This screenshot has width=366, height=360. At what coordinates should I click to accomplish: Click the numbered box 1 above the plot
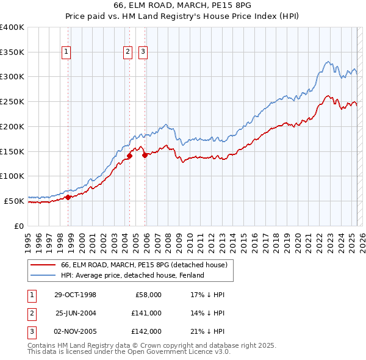click(65, 52)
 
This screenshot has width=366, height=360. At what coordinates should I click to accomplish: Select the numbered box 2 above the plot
click(127, 52)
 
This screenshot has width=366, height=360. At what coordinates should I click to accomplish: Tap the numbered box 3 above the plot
click(143, 52)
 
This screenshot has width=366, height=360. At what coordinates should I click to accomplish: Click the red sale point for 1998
click(68, 196)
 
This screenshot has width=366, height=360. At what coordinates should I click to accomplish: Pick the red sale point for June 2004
click(130, 156)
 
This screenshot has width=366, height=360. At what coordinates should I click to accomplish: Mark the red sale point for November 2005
click(145, 155)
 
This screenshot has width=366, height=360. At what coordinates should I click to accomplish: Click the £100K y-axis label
click(12, 176)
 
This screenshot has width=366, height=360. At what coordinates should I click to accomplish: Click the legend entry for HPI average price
click(132, 275)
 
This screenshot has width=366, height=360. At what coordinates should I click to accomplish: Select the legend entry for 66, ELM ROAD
click(144, 265)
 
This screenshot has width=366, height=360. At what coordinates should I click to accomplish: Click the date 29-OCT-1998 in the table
click(75, 295)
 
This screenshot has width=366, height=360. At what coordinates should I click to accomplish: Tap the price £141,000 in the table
click(146, 313)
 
